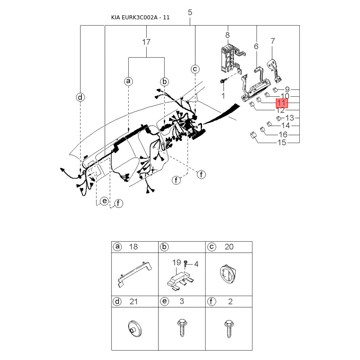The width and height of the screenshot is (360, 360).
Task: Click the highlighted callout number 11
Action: tap(282, 103)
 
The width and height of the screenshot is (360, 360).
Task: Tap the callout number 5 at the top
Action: tap(190, 13)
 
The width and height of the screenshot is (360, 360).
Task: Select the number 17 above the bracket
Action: tap(146, 42)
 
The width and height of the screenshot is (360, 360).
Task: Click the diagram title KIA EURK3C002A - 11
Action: tap(140, 18)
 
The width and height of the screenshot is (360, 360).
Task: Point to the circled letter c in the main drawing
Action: tap(195, 69)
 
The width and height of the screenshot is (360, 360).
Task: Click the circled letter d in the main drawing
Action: tap(80, 97)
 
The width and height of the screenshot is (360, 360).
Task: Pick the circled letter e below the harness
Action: tap(104, 201)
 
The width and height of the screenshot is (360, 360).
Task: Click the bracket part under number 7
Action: tap(274, 71)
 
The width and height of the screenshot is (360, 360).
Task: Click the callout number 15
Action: tap(282, 143)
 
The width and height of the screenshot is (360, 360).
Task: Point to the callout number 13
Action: tap(289, 118)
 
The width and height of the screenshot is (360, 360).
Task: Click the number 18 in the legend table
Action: tap(133, 247)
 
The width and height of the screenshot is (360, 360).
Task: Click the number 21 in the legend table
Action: tap(133, 301)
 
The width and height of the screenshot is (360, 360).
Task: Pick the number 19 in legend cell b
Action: tap(176, 262)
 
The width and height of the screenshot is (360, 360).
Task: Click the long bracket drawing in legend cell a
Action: tap(135, 274)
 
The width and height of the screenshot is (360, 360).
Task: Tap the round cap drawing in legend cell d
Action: tap(135, 328)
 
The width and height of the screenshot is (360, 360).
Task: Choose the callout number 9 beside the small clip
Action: tap(287, 90)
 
